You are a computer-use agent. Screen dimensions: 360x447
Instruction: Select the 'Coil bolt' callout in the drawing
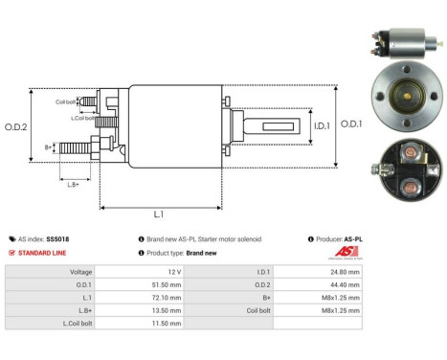tap(65, 101)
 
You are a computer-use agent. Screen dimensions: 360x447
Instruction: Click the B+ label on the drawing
tap(49, 147)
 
